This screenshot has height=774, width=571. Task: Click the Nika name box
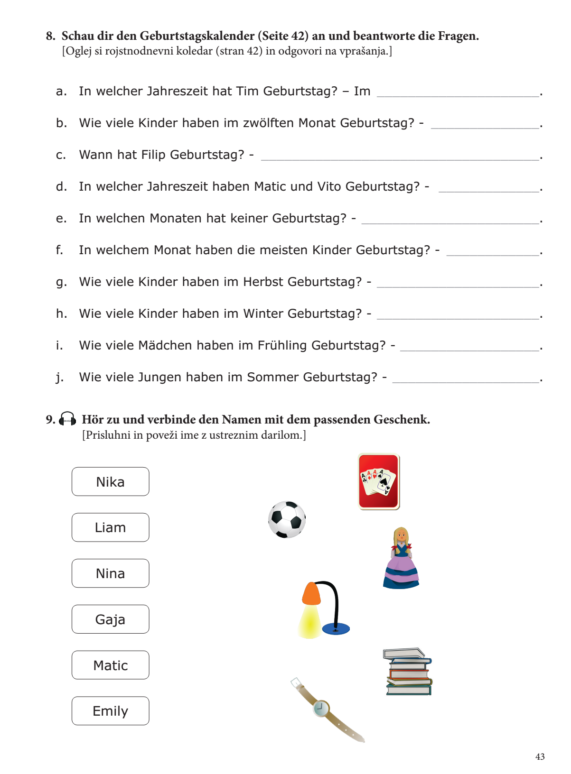(x=110, y=482)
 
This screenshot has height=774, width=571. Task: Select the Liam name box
(x=110, y=527)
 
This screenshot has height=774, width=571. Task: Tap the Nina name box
(x=110, y=573)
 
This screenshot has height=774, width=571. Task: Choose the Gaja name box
(x=110, y=619)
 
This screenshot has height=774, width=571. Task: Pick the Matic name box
(x=110, y=665)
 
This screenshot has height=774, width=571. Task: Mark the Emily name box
(x=110, y=711)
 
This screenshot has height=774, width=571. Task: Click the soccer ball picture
(x=287, y=519)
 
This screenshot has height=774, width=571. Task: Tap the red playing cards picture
(x=378, y=482)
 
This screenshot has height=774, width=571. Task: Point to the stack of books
(x=408, y=672)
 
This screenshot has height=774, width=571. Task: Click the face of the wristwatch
(x=321, y=708)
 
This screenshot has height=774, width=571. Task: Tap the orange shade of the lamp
(x=311, y=593)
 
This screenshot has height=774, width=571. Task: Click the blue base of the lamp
(x=336, y=629)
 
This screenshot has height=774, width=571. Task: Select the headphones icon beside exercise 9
(x=67, y=419)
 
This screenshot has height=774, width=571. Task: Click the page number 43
(x=540, y=756)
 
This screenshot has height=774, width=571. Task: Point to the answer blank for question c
(x=400, y=157)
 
